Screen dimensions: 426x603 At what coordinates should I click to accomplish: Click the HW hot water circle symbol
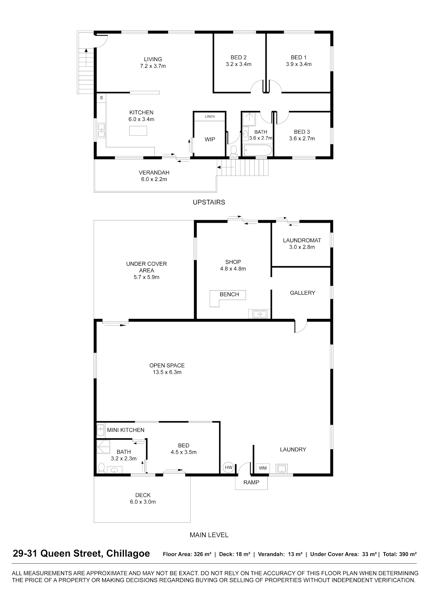229,467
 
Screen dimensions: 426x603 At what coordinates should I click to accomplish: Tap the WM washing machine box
263,468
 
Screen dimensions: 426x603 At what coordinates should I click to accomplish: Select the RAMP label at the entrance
251,482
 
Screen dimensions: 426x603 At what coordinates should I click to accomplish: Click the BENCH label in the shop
229,294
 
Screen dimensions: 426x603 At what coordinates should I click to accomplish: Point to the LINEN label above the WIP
210,116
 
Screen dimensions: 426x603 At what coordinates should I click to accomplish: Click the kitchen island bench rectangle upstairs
138,130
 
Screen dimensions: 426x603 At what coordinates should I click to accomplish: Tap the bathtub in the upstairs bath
258,150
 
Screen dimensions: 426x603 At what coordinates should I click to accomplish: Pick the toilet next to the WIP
234,151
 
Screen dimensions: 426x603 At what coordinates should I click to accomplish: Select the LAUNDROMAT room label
302,240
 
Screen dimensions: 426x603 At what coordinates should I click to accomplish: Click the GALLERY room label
302,293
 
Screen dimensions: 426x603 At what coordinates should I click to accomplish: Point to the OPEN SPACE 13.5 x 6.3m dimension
167,372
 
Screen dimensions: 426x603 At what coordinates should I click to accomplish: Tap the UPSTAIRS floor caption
209,202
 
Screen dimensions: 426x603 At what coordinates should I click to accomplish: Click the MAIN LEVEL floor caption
209,535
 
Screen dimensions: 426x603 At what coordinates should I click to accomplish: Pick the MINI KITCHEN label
126,430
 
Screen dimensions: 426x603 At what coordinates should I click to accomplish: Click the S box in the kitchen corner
101,98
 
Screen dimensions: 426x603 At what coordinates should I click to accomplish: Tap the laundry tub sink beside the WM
282,468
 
